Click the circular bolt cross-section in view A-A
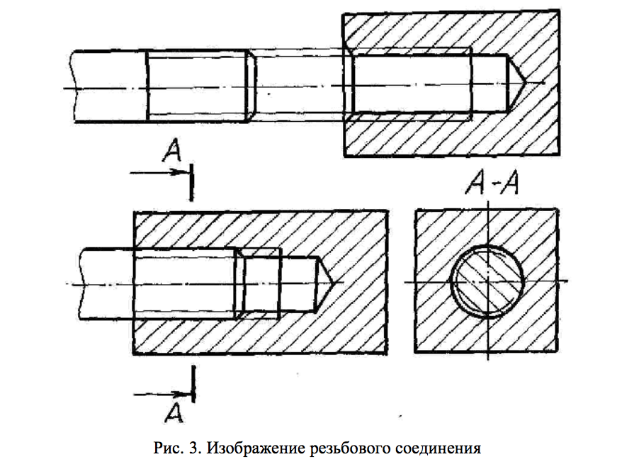[488, 281]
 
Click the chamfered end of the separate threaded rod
[250, 86]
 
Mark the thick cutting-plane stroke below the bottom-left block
[193, 382]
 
